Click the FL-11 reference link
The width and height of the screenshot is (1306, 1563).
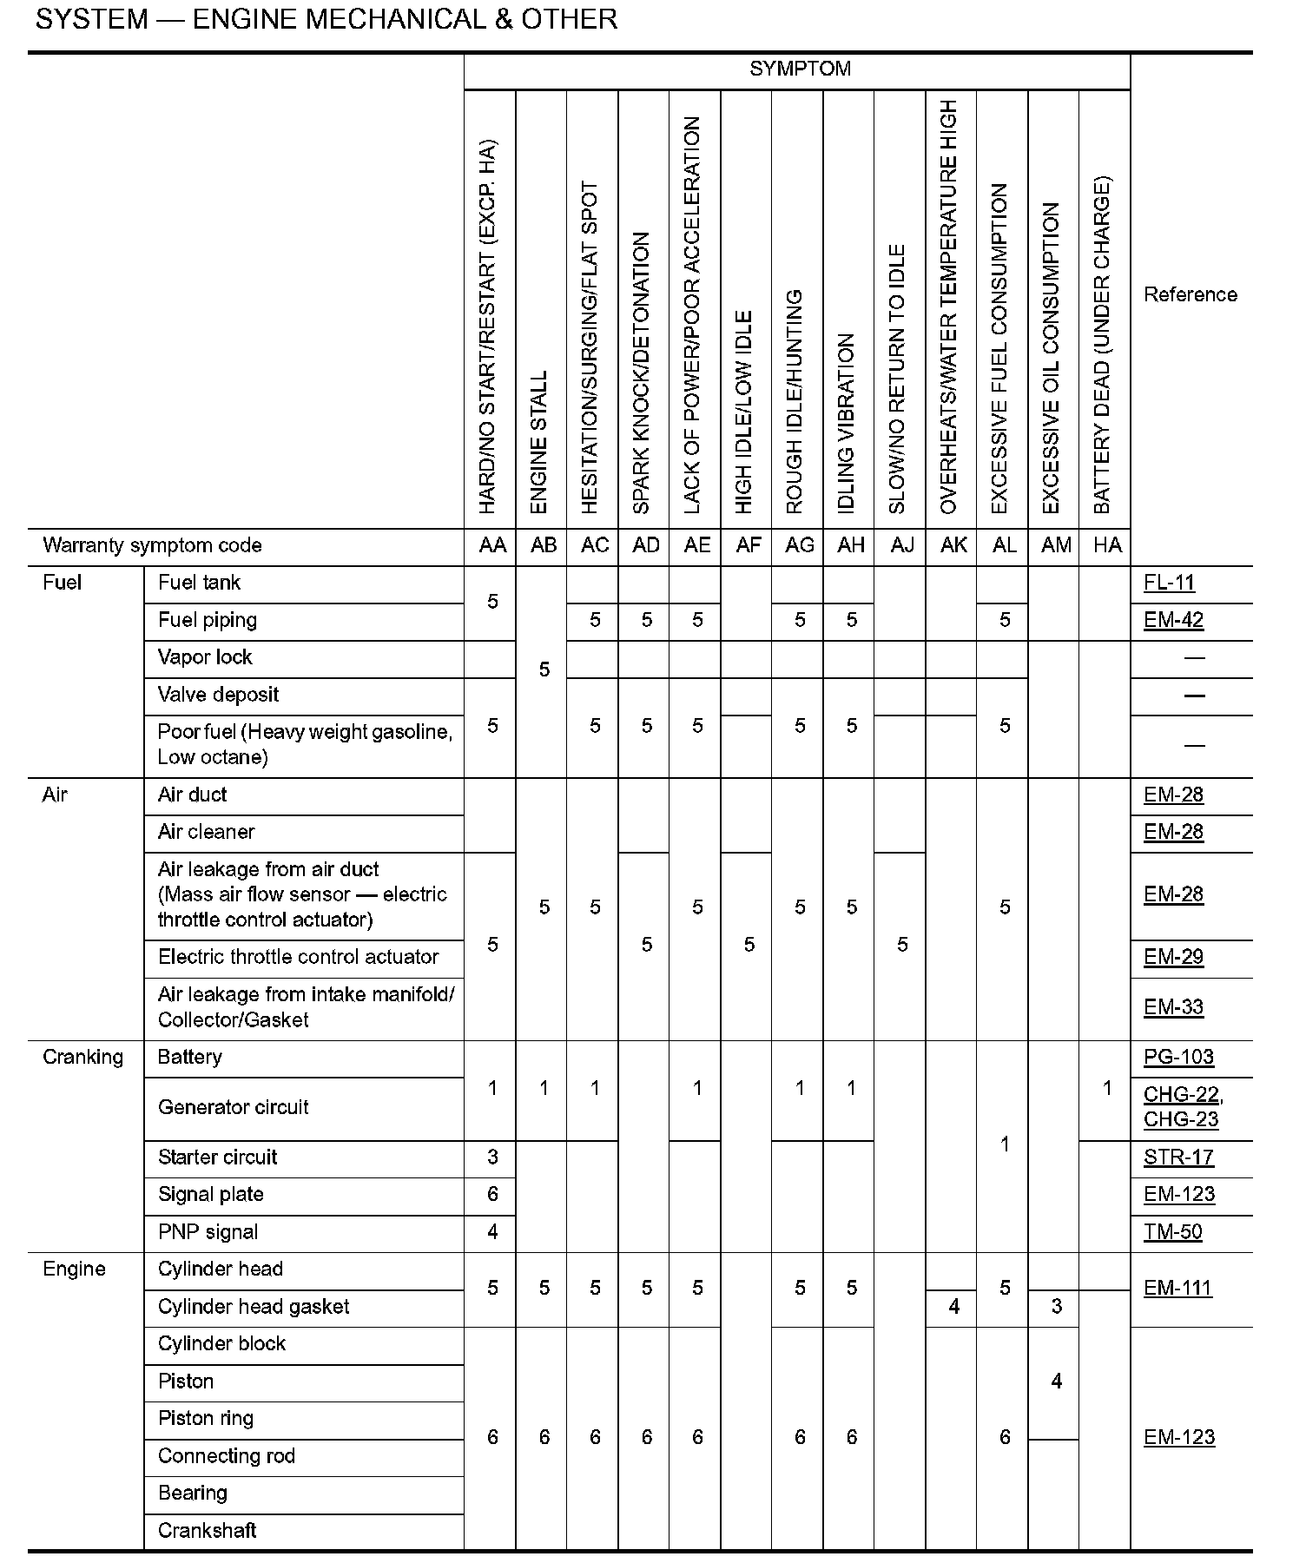[1169, 583]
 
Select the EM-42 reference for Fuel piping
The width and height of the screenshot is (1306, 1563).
[1173, 620]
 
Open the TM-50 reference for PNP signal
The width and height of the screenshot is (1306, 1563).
[1172, 1231]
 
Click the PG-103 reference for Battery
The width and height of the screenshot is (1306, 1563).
[1178, 1057]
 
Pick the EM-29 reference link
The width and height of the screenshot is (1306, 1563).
[1173, 957]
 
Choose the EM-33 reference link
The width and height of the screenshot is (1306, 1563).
[1173, 1007]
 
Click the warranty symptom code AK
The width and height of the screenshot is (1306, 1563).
[953, 545]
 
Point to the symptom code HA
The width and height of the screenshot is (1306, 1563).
[1107, 545]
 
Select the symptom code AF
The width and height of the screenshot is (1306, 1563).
[749, 545]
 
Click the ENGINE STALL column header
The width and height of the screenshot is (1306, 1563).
[539, 442]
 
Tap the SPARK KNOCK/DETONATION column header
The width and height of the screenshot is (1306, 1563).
[642, 373]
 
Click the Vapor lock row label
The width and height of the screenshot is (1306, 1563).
[205, 657]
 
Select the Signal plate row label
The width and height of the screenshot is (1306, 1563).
[211, 1194]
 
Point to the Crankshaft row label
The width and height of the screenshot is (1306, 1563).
[208, 1530]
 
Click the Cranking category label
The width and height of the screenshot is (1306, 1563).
[83, 1057]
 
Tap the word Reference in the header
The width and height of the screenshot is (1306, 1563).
[1190, 294]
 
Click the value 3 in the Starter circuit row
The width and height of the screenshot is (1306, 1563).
[492, 1157]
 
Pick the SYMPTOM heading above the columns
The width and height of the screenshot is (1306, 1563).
[800, 69]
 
